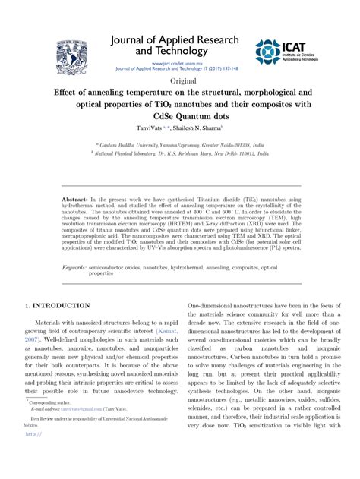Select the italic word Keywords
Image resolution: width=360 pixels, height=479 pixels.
74,268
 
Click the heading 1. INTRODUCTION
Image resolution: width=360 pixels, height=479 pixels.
58,306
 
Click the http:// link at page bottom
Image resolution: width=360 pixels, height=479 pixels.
34,435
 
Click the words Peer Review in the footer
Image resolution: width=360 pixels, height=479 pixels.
44,418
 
